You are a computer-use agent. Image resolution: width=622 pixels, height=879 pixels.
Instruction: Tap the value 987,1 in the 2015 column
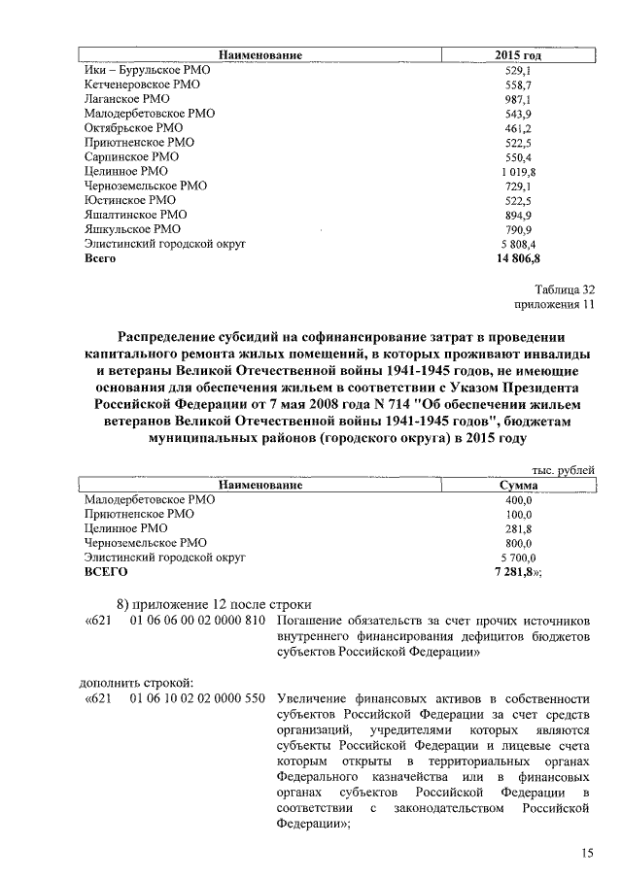517,100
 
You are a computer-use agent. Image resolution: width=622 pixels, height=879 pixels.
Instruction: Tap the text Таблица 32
564,289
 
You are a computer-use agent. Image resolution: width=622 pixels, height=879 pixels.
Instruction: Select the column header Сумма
518,485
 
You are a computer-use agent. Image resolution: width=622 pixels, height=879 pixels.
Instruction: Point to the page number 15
587,853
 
